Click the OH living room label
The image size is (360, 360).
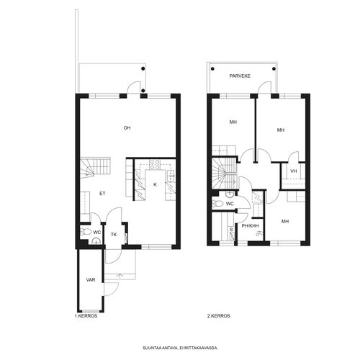(127, 128)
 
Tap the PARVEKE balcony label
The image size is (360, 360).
(240, 76)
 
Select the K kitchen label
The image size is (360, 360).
(155, 184)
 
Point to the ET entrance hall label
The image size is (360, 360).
(102, 194)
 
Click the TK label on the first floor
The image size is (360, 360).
(114, 235)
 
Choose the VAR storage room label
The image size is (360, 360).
(91, 280)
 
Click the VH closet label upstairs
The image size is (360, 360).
(294, 171)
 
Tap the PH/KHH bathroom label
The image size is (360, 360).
(250, 226)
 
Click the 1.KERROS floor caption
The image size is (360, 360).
(86, 316)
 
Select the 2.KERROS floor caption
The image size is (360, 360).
(219, 316)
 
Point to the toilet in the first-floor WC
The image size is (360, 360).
(86, 232)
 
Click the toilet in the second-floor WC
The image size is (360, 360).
(217, 204)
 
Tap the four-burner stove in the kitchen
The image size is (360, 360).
(155, 164)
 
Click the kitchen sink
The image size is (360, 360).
(171, 176)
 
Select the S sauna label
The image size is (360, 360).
(231, 230)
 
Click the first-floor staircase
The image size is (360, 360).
(95, 168)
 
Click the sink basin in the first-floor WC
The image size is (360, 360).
(96, 241)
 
